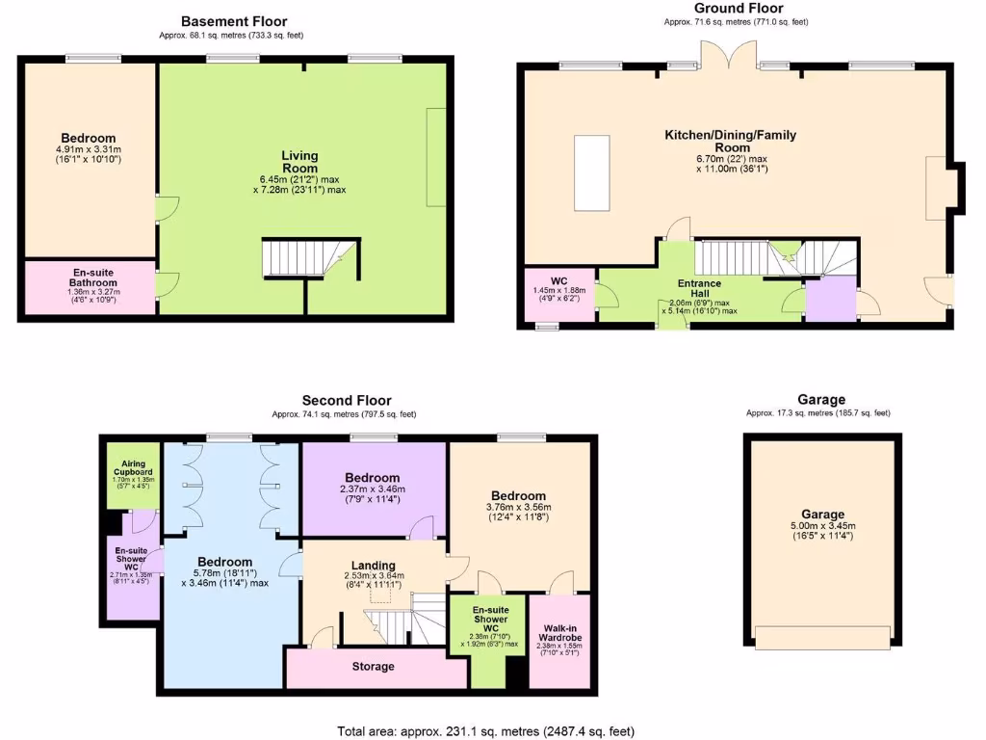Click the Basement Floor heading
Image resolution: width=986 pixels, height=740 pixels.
[x=234, y=21]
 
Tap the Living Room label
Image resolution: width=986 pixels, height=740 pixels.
[x=299, y=162]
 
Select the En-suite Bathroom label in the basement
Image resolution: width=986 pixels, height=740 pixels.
[x=92, y=278]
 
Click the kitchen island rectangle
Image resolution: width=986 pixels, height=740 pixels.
[x=591, y=173]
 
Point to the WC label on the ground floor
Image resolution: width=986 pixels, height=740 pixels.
[x=559, y=281]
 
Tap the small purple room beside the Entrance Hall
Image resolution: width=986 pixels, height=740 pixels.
[x=830, y=299]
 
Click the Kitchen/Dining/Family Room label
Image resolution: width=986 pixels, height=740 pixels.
[x=730, y=142]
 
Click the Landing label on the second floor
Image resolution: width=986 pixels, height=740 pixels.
[x=373, y=566]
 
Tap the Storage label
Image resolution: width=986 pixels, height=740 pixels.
[x=373, y=667]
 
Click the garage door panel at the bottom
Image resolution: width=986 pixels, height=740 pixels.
[x=822, y=639]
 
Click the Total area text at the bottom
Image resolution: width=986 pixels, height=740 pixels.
[x=485, y=731]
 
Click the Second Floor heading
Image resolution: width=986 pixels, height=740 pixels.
[x=347, y=401]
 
